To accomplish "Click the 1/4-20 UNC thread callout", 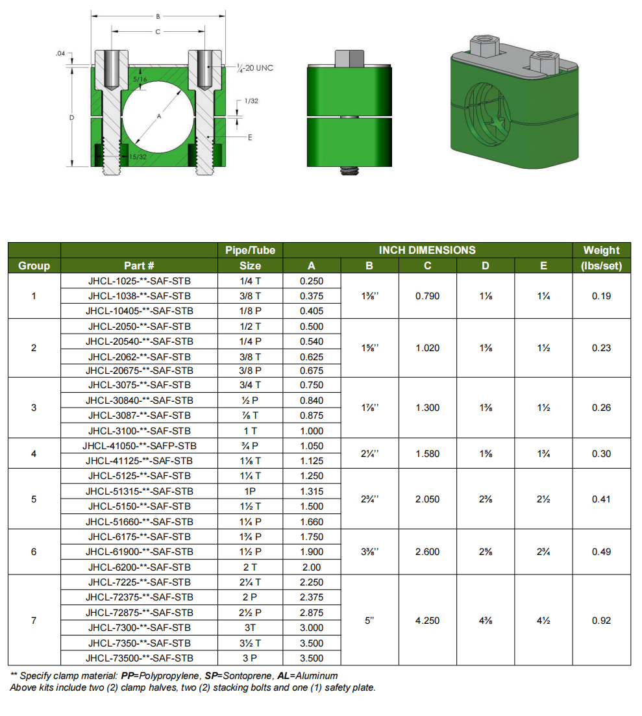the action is coord(255,68).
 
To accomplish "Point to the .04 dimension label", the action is coord(60,53).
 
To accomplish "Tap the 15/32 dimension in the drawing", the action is coord(138,156).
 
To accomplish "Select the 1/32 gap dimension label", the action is coord(251,101).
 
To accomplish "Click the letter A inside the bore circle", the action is coord(159,116).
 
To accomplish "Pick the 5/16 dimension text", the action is coord(140,79).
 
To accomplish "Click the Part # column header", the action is coord(139,265).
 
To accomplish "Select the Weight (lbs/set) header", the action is coord(601,258).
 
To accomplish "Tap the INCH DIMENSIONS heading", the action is coord(427,250).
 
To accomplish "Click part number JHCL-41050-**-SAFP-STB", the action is coord(140,446).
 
